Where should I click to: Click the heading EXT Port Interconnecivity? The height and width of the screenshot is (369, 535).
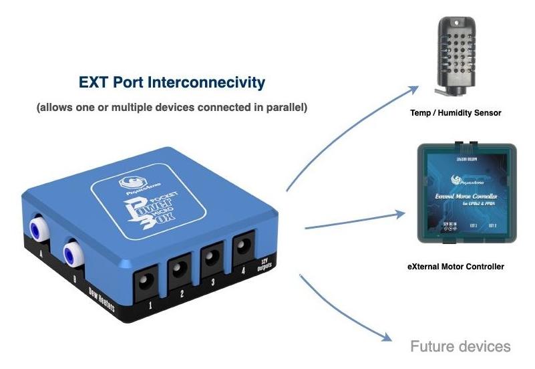pos(172,83)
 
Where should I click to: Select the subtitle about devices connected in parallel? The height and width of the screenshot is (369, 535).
pos(172,107)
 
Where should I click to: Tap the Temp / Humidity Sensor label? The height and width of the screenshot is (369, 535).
pos(456,113)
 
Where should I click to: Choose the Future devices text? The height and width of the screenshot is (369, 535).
pos(460,346)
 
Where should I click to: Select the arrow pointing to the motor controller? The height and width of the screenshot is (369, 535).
pos(354,220)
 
